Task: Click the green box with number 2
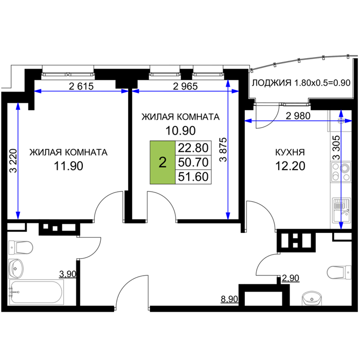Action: click(x=163, y=163)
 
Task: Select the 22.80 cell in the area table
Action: click(x=193, y=148)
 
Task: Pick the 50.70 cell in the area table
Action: click(x=193, y=163)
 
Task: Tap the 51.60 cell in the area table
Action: click(x=193, y=177)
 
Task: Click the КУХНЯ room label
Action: click(x=290, y=152)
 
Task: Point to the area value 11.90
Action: click(x=68, y=166)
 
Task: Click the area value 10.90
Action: click(x=181, y=131)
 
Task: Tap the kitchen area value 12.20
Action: click(x=290, y=166)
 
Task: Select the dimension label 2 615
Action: click(x=81, y=86)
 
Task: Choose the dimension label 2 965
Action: click(x=185, y=86)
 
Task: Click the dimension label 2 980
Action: click(x=298, y=116)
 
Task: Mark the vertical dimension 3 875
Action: click(x=223, y=150)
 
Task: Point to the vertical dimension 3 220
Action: click(x=13, y=160)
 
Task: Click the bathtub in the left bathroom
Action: click(x=37, y=292)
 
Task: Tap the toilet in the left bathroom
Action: click(x=21, y=248)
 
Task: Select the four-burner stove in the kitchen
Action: click(x=340, y=172)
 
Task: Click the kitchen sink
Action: click(x=341, y=210)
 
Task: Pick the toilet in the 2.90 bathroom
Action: click(x=339, y=272)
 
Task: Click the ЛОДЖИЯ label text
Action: click(x=272, y=83)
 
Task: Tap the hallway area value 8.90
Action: click(x=229, y=299)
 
